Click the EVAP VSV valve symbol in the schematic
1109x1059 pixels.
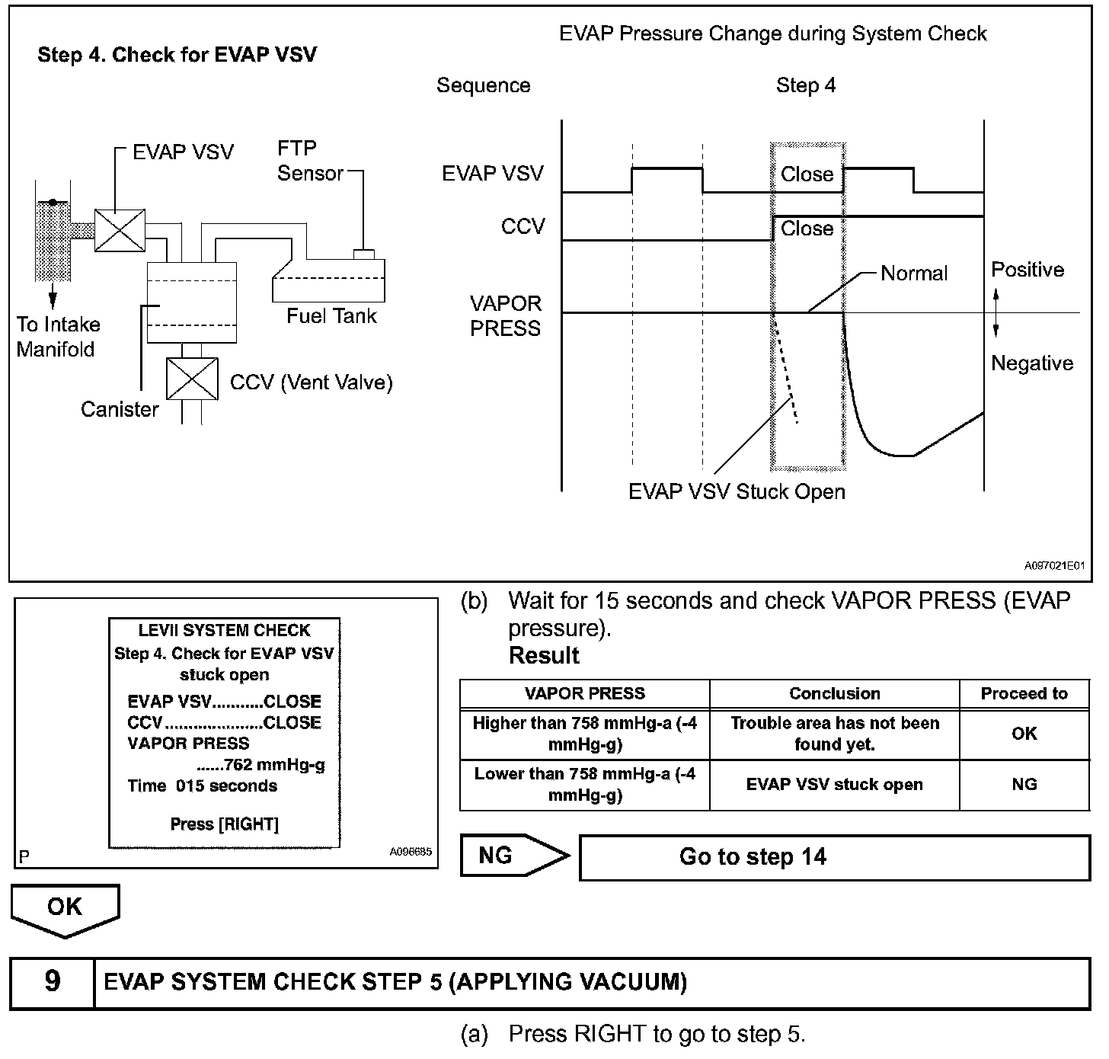pyautogui.click(x=120, y=230)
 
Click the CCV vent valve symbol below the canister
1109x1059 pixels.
pyautogui.click(x=192, y=379)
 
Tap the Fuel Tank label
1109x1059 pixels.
pyautogui.click(x=331, y=315)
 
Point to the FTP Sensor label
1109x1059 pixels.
pyautogui.click(x=309, y=161)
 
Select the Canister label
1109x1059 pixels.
pyautogui.click(x=120, y=409)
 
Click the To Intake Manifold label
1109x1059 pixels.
pyautogui.click(x=58, y=337)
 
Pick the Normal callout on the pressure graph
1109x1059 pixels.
pyautogui.click(x=913, y=274)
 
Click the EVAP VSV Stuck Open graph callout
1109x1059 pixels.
pyautogui.click(x=736, y=491)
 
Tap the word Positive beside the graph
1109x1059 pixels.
pyautogui.click(x=1027, y=270)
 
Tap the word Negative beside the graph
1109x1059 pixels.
pyautogui.click(x=1031, y=363)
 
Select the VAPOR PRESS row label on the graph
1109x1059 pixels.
pyautogui.click(x=505, y=315)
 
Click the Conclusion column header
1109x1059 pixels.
pyautogui.click(x=834, y=693)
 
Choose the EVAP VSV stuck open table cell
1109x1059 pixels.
pyautogui.click(x=834, y=785)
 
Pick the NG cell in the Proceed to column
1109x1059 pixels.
pyautogui.click(x=1024, y=785)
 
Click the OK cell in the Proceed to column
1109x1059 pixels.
pyautogui.click(x=1024, y=734)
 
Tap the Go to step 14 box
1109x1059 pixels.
pyautogui.click(x=834, y=857)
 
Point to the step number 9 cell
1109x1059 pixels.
pyautogui.click(x=52, y=982)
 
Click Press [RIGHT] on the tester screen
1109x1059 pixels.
pyautogui.click(x=224, y=824)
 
